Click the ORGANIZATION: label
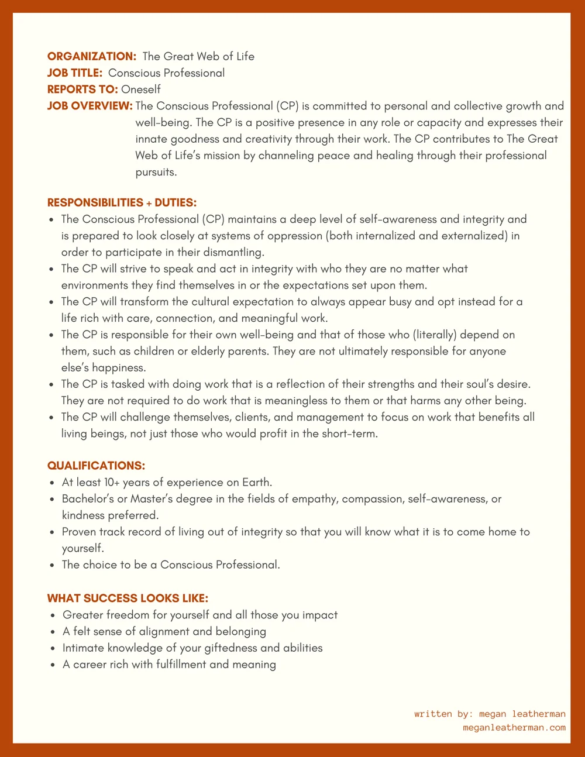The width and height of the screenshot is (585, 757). [91, 57]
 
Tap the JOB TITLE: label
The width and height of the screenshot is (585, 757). [75, 73]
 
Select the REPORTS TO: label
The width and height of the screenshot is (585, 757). [82, 90]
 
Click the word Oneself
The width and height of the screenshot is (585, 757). [141, 90]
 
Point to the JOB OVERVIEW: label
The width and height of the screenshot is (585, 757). [90, 106]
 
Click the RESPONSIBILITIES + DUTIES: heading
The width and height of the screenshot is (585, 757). [122, 202]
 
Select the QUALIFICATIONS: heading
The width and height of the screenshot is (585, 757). [96, 466]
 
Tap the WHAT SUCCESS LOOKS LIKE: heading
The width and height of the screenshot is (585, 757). [128, 598]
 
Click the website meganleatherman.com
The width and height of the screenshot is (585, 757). [514, 727]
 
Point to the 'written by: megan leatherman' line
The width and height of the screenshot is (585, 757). [490, 714]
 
